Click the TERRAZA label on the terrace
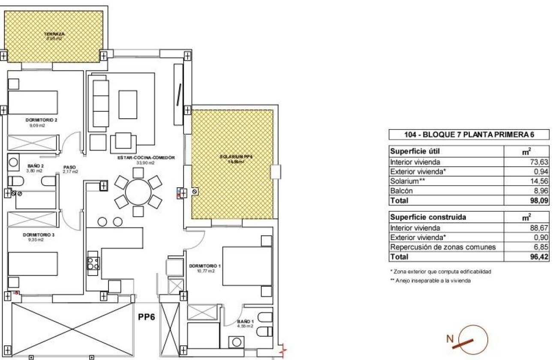[54, 33]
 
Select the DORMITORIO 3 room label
[35, 235]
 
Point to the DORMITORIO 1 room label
[205, 266]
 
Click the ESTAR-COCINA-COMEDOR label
[146, 158]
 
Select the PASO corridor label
[70, 168]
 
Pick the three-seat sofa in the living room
[100, 103]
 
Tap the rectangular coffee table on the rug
[128, 104]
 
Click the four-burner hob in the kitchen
[93, 263]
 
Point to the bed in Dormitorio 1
[247, 266]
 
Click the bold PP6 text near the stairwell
[146, 318]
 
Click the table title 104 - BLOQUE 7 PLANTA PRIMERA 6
[469, 135]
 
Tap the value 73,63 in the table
[539, 162]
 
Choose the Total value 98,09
[538, 200]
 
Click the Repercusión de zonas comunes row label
[443, 247]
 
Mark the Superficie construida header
[421, 217]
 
